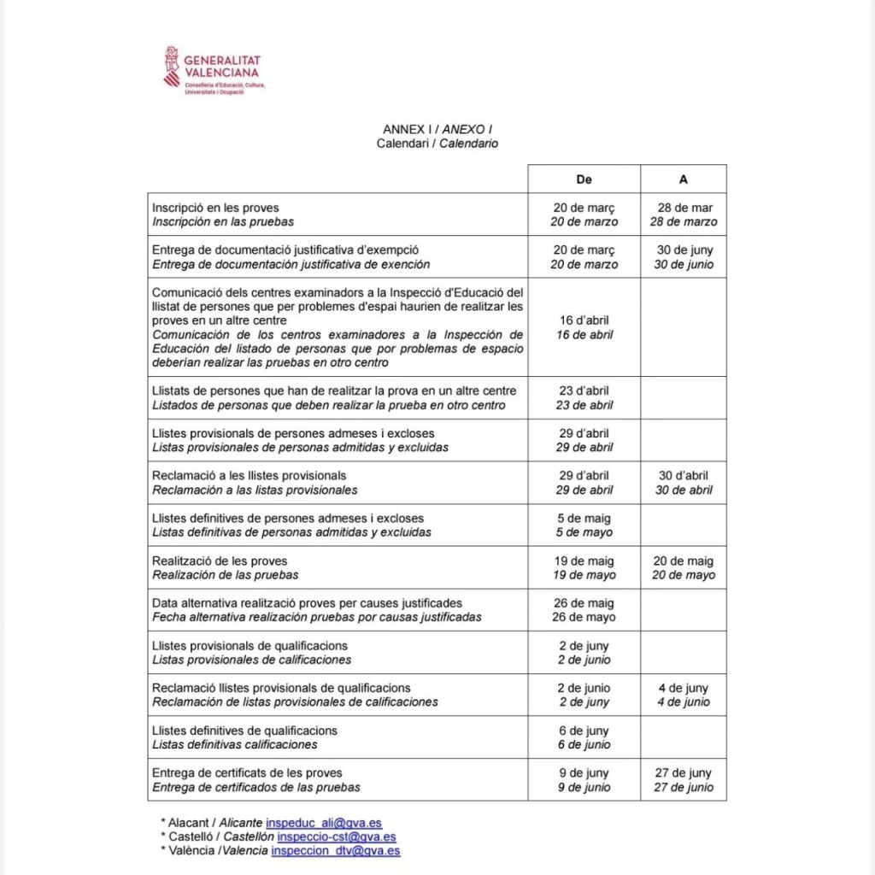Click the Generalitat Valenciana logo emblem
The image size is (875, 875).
[173, 67]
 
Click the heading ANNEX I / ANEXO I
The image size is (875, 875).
[437, 129]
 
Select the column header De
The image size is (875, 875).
[584, 179]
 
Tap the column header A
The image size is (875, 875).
[683, 179]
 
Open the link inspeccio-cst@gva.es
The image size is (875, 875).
[336, 837]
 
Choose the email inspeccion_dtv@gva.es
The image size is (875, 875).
[335, 851]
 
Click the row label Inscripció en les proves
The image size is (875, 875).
[215, 208]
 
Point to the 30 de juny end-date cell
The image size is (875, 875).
[684, 257]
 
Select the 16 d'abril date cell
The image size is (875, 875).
[584, 327]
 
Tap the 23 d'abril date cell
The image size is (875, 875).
[584, 397]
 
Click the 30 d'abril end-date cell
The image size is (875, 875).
[684, 483]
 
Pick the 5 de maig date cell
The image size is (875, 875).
[584, 525]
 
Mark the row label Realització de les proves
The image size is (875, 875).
[220, 561]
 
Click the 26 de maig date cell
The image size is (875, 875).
[584, 610]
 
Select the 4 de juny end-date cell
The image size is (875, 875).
[684, 695]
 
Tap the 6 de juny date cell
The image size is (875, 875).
[584, 737]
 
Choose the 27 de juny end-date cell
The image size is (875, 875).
[684, 780]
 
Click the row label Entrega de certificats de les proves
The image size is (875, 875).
[247, 773]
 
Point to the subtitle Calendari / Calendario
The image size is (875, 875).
[437, 144]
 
